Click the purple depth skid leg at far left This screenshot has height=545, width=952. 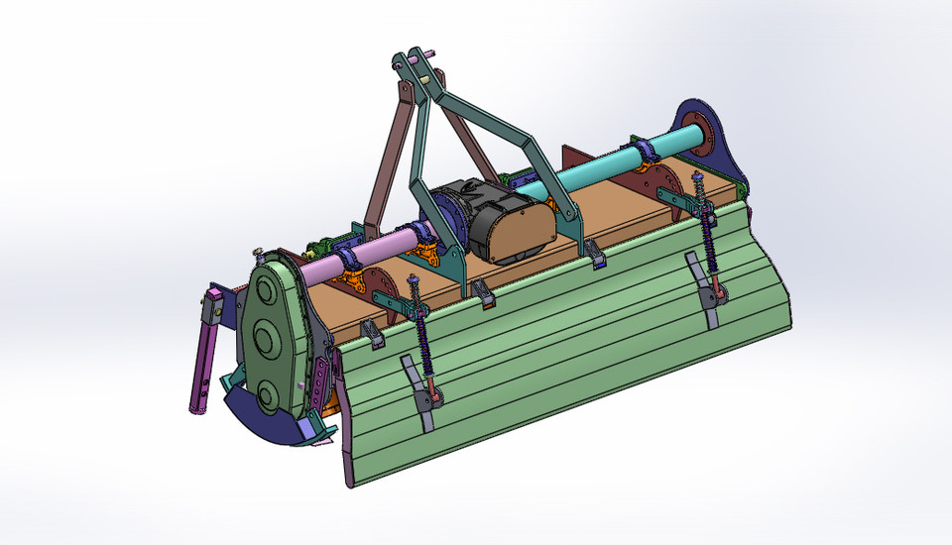[x=202, y=367]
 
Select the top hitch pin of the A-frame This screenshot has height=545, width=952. [x=415, y=61]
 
